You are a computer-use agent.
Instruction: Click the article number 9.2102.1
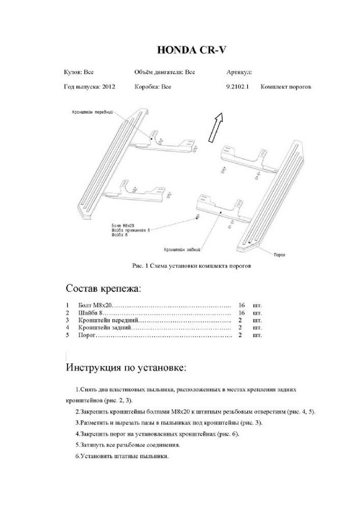pyautogui.click(x=238, y=87)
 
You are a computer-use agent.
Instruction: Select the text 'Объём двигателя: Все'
pyautogui.click(x=164, y=72)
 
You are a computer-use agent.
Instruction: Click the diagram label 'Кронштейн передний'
pyautogui.click(x=92, y=112)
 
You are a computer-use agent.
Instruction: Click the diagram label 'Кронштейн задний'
pyautogui.click(x=182, y=250)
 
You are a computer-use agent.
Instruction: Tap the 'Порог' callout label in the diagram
pyautogui.click(x=279, y=255)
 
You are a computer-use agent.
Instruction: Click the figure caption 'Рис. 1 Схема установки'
pyautogui.click(x=192, y=266)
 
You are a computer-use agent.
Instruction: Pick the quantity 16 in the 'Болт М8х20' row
pyautogui.click(x=242, y=305)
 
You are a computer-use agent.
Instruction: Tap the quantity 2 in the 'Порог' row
pyautogui.click(x=240, y=336)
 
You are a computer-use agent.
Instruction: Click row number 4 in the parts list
pyautogui.click(x=67, y=328)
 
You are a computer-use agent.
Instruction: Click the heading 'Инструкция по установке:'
pyautogui.click(x=126, y=367)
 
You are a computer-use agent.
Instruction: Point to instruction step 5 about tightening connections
pyautogui.click(x=127, y=445)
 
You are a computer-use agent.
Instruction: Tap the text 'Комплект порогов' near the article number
pyautogui.click(x=286, y=87)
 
